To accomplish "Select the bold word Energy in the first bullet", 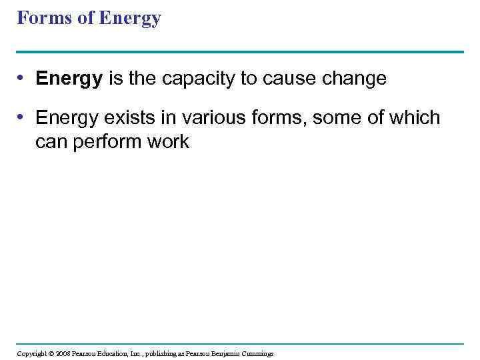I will tap(69, 79).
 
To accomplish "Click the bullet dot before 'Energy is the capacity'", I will tap(22, 79).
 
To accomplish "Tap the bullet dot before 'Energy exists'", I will tap(22, 118).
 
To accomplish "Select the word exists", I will tap(130, 118).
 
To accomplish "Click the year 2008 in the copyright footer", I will tap(63, 353).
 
